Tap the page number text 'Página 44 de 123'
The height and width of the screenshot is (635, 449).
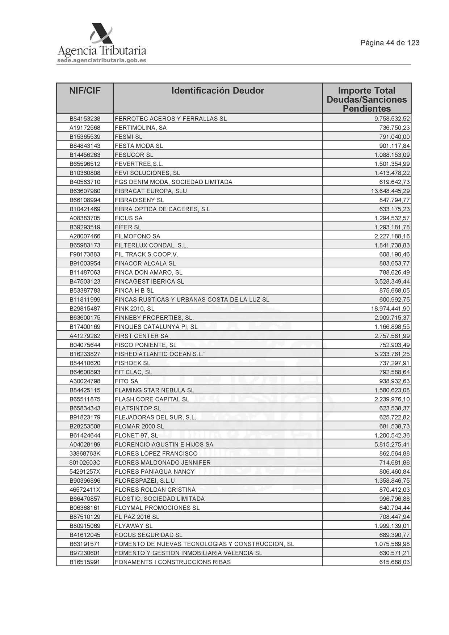[390, 43]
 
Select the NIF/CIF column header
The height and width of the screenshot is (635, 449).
[85, 90]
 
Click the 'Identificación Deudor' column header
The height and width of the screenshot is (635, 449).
[218, 90]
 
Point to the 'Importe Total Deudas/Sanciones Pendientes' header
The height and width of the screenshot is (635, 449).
[366, 100]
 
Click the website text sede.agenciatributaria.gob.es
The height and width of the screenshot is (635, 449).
[101, 60]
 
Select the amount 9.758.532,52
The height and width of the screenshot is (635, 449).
[392, 119]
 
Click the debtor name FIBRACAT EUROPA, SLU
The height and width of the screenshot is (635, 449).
[151, 191]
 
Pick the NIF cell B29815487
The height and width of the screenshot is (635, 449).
[85, 309]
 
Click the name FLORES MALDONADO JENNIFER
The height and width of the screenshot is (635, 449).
[162, 462]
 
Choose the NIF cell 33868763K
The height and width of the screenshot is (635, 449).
[85, 453]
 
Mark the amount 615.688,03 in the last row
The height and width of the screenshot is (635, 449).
[394, 562]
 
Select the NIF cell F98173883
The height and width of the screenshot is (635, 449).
[85, 254]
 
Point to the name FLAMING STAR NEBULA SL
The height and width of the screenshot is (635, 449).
[154, 390]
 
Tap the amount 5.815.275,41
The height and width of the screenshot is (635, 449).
[392, 444]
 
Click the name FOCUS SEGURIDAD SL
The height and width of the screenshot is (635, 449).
[148, 535]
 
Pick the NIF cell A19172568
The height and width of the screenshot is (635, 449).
[85, 128]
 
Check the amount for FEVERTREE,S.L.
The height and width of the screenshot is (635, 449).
[392, 164]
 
